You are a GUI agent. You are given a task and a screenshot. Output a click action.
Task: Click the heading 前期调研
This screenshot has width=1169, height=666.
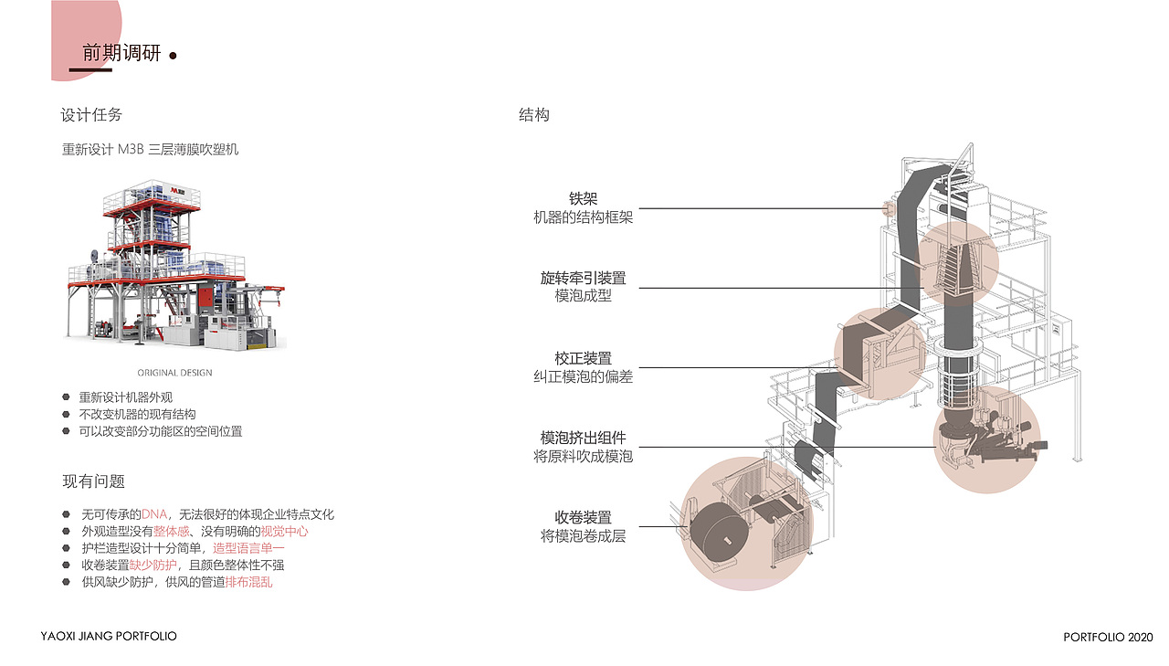(121, 54)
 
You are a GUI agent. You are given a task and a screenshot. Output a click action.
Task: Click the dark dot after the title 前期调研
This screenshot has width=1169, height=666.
(173, 56)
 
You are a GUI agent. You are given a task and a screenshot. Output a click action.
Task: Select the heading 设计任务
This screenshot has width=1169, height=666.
(91, 115)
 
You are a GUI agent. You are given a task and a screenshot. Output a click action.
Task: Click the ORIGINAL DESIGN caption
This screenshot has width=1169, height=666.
(174, 373)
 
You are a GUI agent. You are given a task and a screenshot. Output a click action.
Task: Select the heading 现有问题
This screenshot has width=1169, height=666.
(93, 481)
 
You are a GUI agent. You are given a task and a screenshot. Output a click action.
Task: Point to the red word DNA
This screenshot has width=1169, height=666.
(154, 515)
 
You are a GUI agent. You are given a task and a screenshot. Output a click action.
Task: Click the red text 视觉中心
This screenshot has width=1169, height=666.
(284, 532)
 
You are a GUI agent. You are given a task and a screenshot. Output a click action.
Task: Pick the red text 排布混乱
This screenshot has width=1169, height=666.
(248, 581)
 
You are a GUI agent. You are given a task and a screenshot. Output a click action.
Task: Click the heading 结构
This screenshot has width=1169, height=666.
(534, 115)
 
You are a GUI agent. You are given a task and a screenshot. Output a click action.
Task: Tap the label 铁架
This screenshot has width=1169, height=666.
(583, 199)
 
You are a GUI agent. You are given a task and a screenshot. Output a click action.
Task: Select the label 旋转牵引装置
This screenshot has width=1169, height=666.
(583, 278)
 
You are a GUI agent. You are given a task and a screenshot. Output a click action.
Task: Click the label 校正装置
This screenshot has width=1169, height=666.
(583, 358)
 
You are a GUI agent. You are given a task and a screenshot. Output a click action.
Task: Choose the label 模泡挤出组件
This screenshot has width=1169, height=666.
(583, 438)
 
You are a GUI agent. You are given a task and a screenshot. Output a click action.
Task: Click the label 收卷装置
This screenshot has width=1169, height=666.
(583, 518)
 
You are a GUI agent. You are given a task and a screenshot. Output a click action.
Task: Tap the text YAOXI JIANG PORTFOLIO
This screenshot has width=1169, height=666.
(110, 636)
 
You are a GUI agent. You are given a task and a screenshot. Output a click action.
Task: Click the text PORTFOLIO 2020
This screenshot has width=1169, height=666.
(1108, 637)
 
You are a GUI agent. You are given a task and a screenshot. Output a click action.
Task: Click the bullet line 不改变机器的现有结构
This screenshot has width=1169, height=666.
(137, 414)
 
